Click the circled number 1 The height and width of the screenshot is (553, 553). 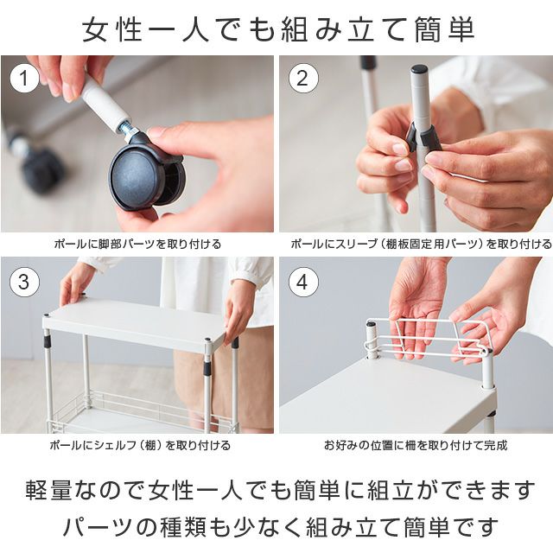(x=24, y=79)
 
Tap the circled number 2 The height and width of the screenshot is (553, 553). (x=302, y=79)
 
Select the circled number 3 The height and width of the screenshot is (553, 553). (x=24, y=283)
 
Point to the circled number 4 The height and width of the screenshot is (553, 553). (x=302, y=283)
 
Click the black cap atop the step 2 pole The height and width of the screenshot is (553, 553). (x=418, y=69)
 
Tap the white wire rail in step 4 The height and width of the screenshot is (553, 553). (x=427, y=340)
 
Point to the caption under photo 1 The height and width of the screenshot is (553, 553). (x=137, y=244)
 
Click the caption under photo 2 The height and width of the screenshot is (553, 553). (x=421, y=244)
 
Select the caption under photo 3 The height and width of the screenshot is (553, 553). (x=140, y=445)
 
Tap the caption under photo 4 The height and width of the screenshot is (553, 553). (x=416, y=445)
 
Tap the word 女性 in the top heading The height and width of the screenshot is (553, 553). (x=112, y=29)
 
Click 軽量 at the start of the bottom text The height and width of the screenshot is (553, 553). (x=48, y=490)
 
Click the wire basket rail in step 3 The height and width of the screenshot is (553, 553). (x=141, y=409)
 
